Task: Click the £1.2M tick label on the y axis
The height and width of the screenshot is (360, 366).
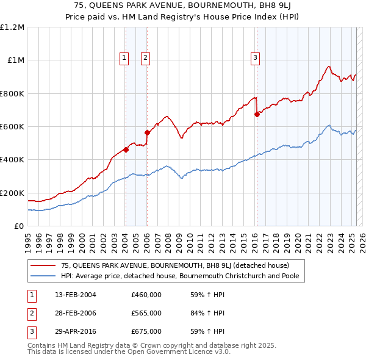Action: point(12,27)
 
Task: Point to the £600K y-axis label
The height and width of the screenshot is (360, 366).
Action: point(12,127)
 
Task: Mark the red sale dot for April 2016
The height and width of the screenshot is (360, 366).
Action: point(257,114)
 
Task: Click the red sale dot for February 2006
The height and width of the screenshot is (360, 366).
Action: point(147,132)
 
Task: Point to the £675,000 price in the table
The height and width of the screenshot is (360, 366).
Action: point(146,331)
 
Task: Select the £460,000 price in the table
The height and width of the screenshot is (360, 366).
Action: point(146,295)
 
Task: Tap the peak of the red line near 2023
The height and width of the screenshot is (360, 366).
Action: point(329,66)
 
